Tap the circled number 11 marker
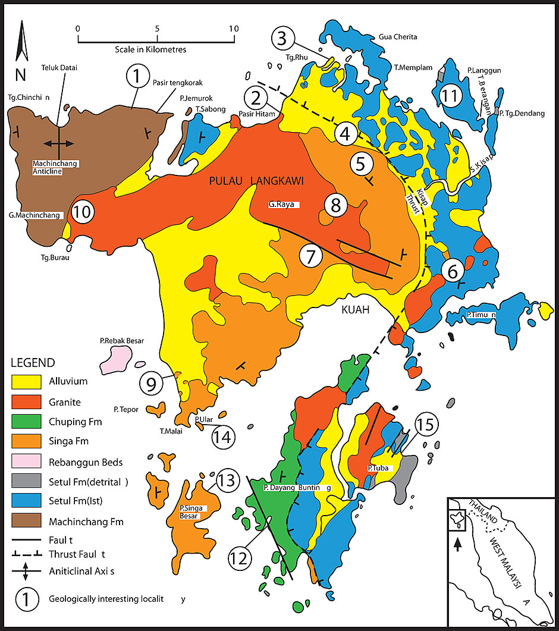pyautogui.click(x=451, y=95)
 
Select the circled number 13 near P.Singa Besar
pyautogui.click(x=226, y=481)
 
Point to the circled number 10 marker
pyautogui.click(x=83, y=211)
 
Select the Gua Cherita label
pyautogui.click(x=398, y=37)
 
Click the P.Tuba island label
pyautogui.click(x=378, y=468)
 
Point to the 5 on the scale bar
pyautogui.click(x=156, y=28)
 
